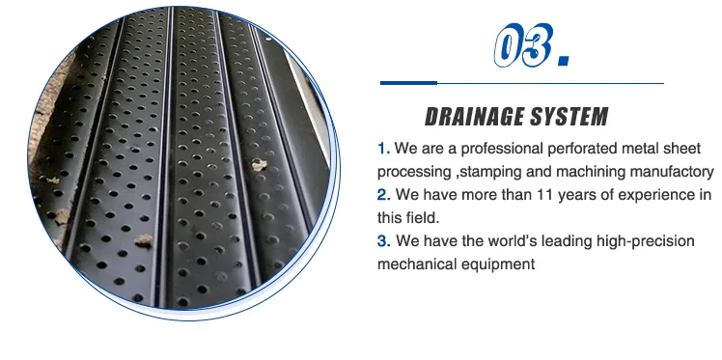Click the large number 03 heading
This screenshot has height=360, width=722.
coord(522,44)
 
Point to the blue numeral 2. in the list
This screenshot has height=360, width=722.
coord(383,195)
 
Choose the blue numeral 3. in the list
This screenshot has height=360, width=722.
coord(383,240)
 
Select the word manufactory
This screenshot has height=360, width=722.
coord(663,172)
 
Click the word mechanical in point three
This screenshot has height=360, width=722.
coord(413,263)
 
